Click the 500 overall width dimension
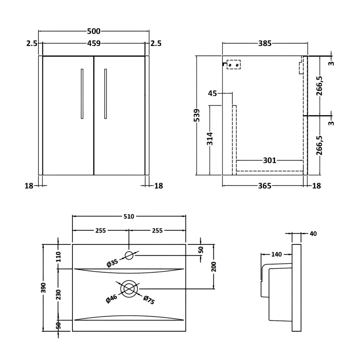click(94, 31)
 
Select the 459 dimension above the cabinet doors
click(94, 43)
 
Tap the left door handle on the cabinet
click(82, 94)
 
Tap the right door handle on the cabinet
click(105, 94)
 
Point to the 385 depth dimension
click(265, 43)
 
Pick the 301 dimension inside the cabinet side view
click(269, 160)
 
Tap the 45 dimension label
click(212, 93)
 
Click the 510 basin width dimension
click(129, 216)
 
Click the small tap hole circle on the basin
click(129, 256)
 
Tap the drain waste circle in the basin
click(129, 288)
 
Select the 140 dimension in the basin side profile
click(276, 255)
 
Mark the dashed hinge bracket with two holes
click(233, 65)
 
